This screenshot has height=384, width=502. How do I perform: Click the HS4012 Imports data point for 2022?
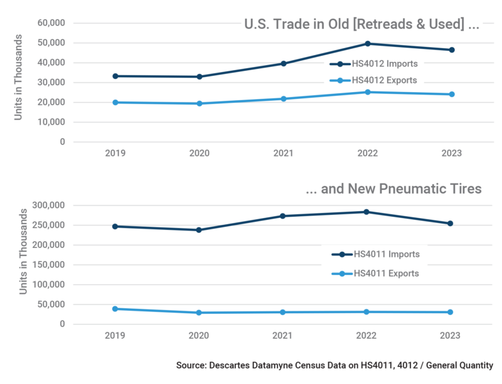367,44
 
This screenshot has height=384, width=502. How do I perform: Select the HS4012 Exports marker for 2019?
115,102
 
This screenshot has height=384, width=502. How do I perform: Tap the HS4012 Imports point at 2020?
199,76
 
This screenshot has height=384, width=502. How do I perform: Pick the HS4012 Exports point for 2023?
451,95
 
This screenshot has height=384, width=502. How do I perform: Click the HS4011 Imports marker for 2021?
283,216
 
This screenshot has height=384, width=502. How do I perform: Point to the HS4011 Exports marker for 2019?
115,309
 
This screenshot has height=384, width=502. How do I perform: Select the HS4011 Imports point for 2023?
451,224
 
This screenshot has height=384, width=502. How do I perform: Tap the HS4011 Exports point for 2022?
367,312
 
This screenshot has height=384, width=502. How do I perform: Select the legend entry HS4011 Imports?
385,254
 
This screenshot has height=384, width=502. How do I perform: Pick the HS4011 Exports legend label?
385,273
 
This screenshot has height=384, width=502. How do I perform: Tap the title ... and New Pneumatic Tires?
393,189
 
